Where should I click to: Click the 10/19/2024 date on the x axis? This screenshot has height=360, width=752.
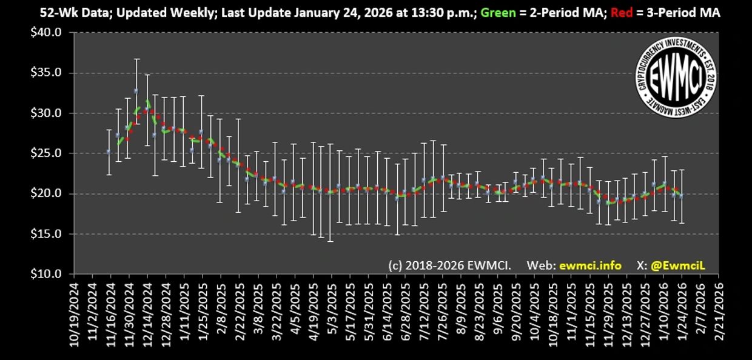point(74,312)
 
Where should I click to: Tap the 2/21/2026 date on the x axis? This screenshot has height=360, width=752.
point(718,312)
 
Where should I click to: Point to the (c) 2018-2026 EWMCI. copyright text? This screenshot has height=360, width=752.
point(449,265)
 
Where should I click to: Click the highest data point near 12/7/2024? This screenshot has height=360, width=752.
point(136,91)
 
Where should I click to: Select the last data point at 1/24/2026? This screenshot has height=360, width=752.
point(682,196)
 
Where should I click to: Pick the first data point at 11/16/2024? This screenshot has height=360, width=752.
point(109,152)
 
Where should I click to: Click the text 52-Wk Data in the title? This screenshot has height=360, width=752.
point(62,12)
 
